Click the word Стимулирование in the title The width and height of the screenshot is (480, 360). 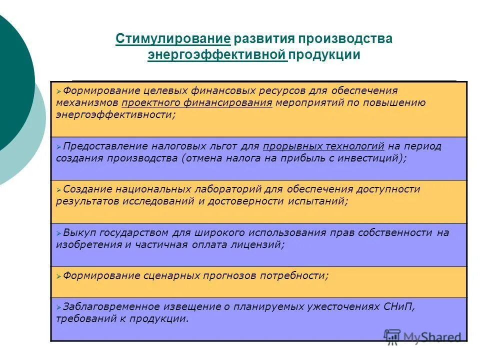click(173, 39)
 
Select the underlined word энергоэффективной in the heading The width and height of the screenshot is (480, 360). click(216, 55)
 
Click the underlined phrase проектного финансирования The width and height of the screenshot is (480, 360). click(197, 103)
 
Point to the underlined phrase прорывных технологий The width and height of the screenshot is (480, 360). click(324, 146)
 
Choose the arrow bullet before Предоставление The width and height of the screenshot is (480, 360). click(58, 146)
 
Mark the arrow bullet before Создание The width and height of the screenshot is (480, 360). click(58, 190)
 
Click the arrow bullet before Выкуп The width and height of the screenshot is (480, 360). click(58, 233)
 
